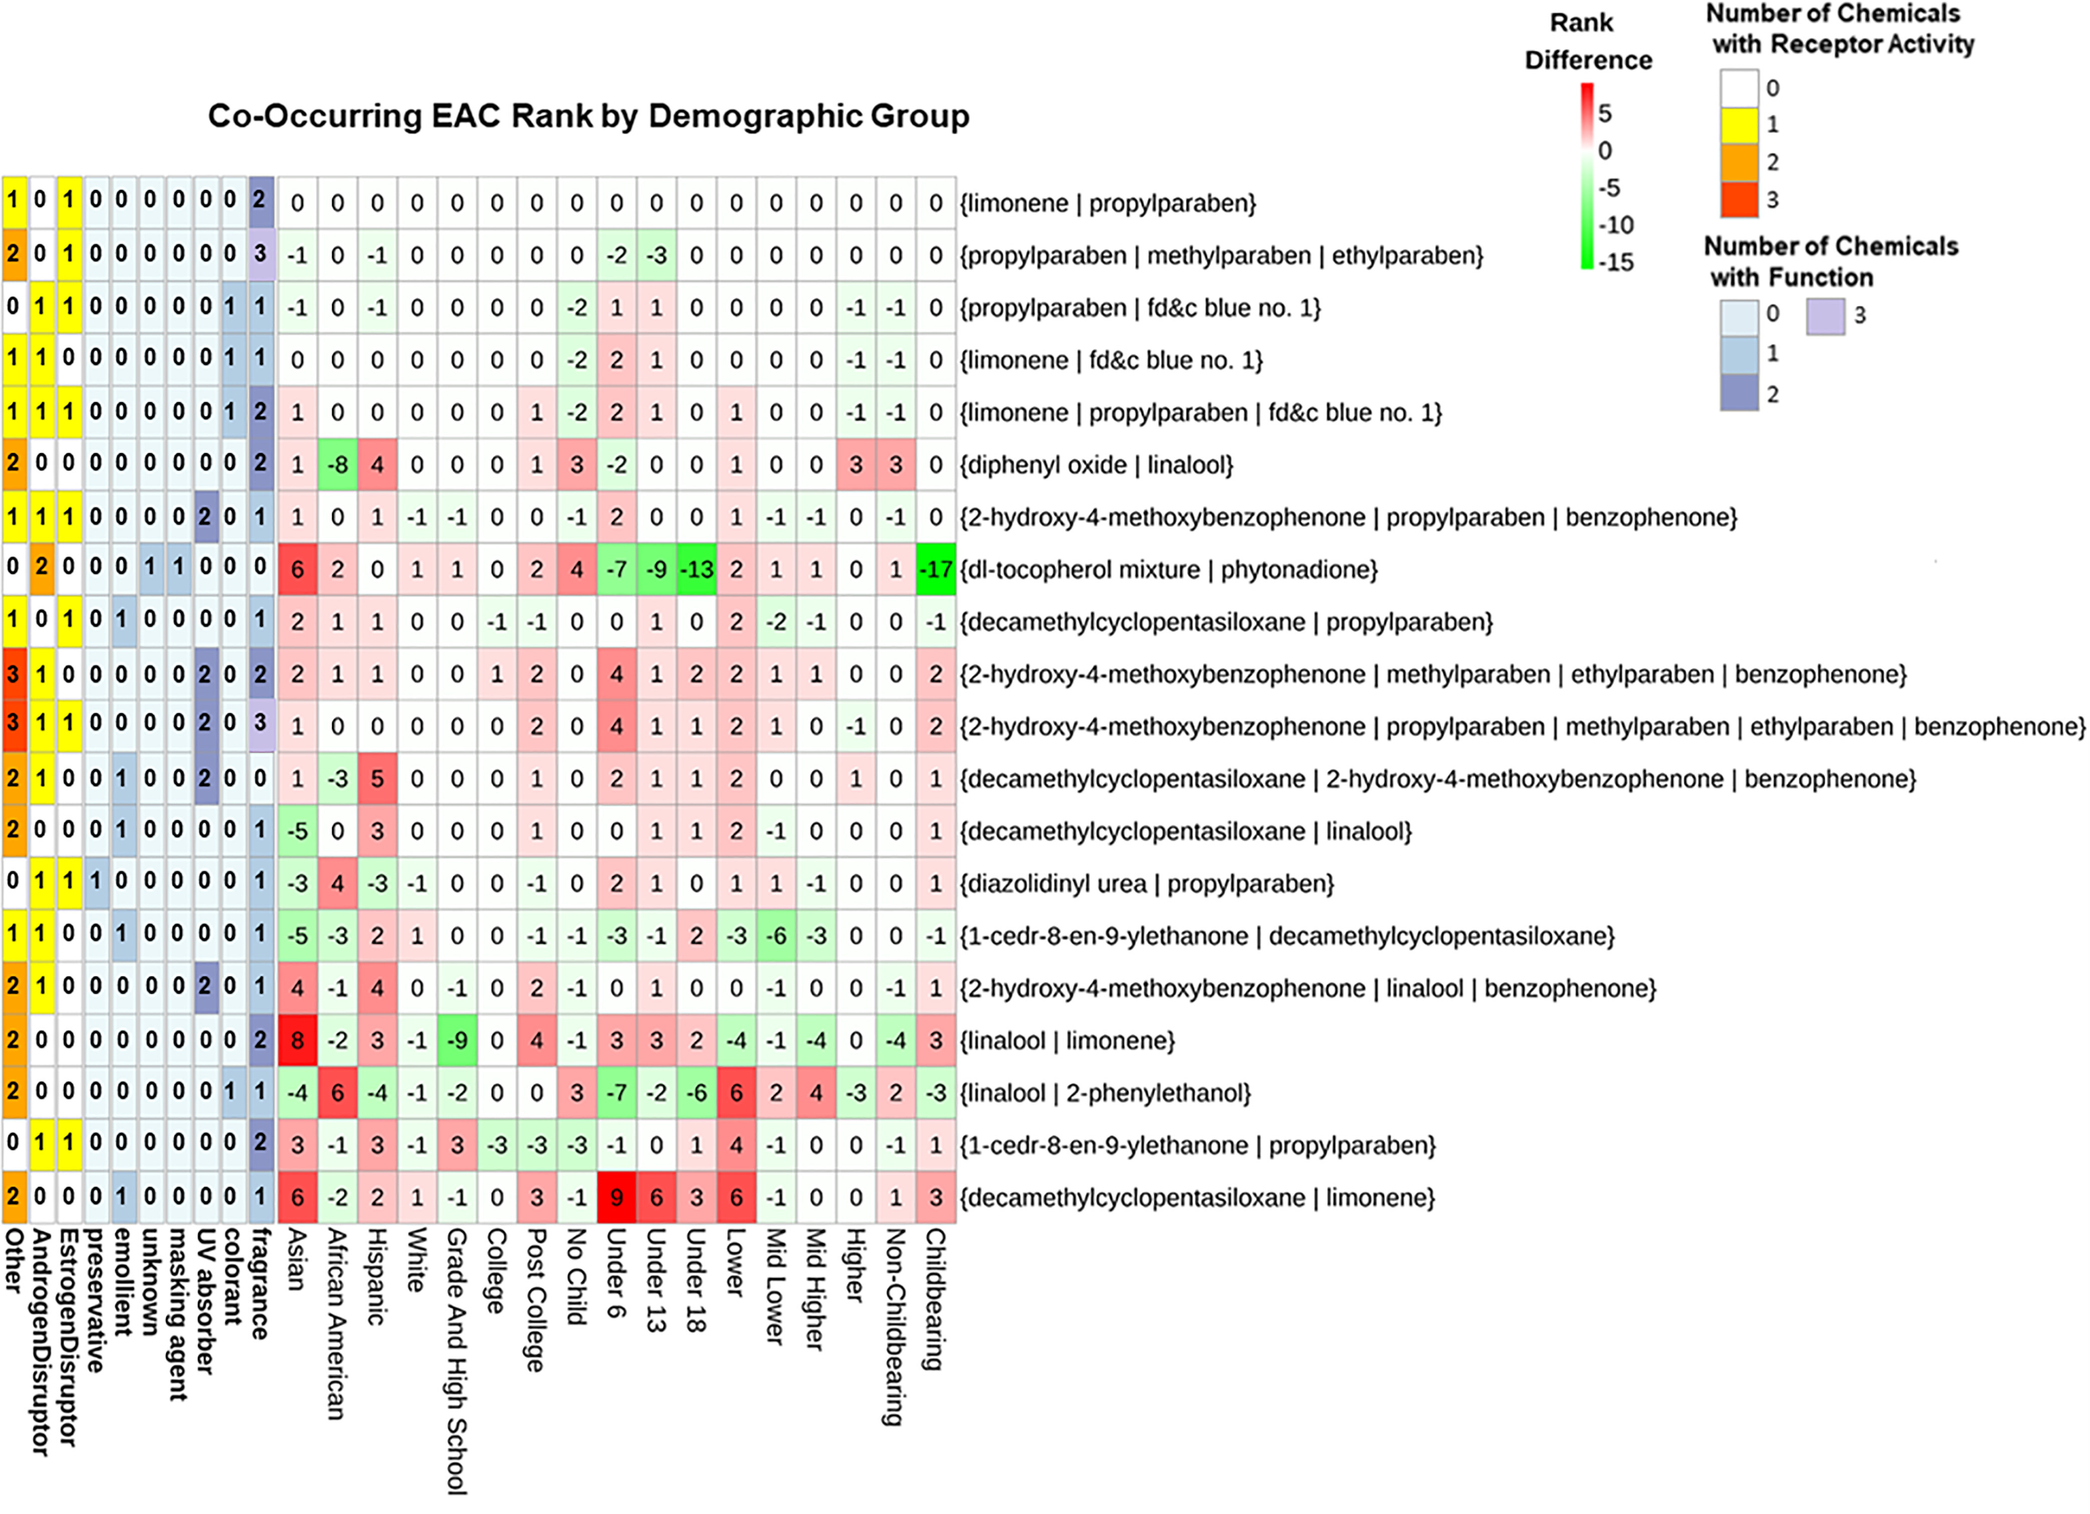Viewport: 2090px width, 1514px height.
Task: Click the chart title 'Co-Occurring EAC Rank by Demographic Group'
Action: tap(588, 116)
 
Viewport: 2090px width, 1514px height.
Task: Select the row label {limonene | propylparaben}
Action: tap(1108, 203)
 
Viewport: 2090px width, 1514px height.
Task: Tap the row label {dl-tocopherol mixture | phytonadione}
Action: tap(1168, 569)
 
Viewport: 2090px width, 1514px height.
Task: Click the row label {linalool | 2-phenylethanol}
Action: tap(1105, 1093)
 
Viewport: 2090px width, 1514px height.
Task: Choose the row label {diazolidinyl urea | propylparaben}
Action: tap(1146, 884)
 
